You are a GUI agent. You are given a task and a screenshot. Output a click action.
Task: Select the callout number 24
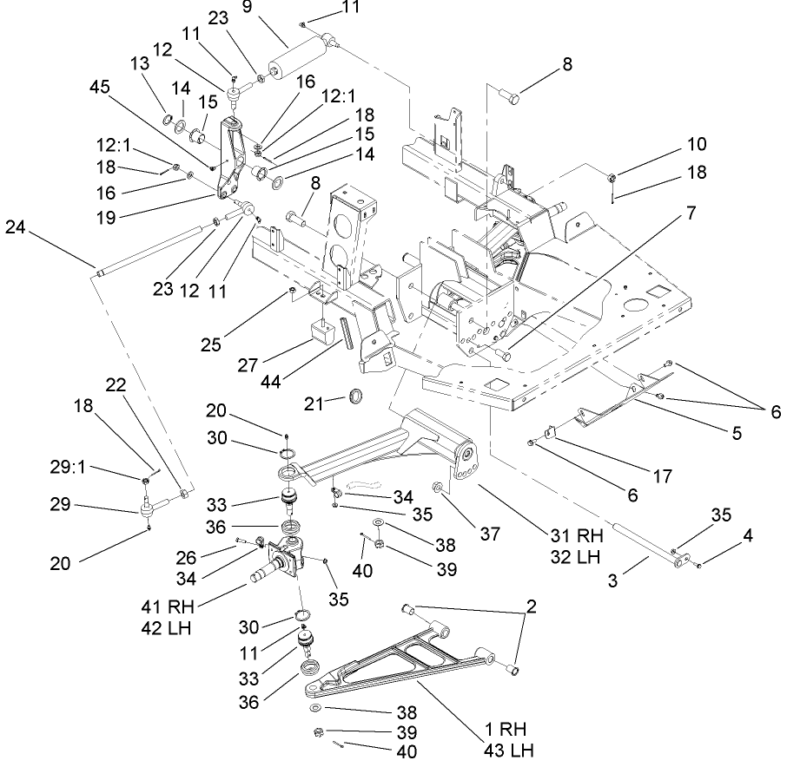coord(17,227)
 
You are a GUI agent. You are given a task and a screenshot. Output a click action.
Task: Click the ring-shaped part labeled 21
coord(356,397)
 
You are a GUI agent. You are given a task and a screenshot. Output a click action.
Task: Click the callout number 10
coord(698,144)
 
